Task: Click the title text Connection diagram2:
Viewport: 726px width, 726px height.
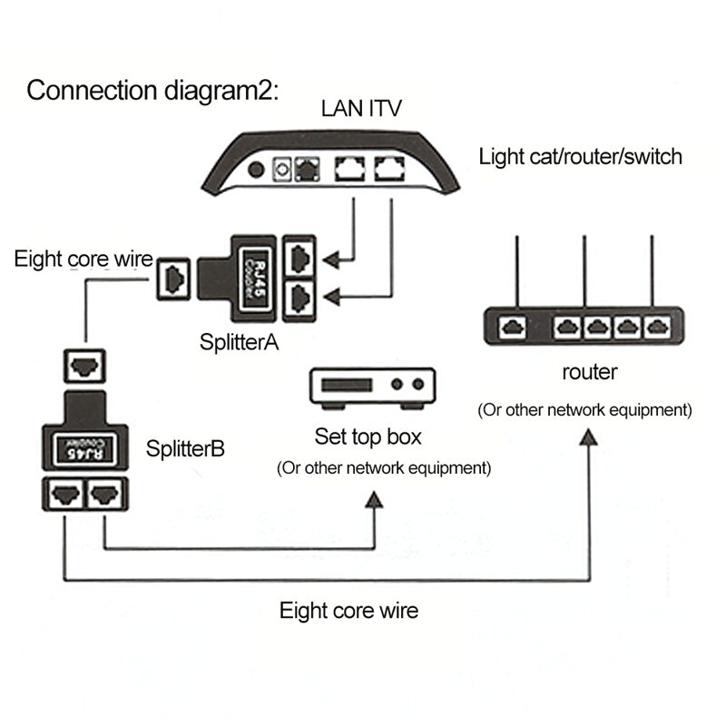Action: tap(155, 91)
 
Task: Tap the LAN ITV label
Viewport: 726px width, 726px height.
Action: tap(361, 111)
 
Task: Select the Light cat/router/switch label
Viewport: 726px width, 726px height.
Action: tap(581, 156)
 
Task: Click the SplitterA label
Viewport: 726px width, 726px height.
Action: tap(239, 342)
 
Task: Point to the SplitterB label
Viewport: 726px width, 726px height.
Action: tap(186, 447)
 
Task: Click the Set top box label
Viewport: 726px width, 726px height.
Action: tap(368, 437)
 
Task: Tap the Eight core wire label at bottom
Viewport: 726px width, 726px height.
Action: tap(349, 610)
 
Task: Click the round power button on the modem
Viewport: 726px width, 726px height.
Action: tap(259, 170)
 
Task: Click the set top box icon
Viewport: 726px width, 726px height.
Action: tap(374, 387)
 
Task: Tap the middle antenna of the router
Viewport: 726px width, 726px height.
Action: tap(583, 272)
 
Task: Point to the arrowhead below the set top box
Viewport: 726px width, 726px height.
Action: tap(373, 502)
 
